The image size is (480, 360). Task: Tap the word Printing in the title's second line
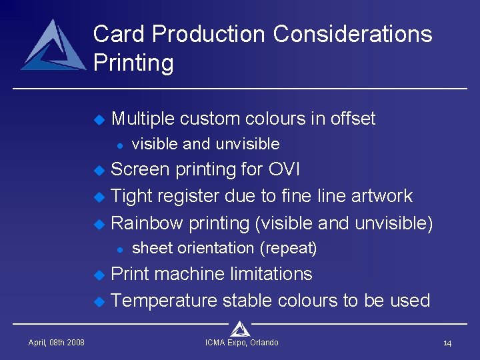pos(133,63)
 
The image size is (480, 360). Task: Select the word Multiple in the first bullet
pos(143,119)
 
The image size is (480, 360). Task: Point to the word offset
pos(350,119)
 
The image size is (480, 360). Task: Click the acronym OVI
pos(283,169)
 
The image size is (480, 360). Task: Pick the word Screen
pos(140,169)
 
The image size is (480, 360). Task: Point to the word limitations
pos(271,274)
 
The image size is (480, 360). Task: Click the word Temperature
pos(164,301)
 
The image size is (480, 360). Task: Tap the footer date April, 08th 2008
pos(56,343)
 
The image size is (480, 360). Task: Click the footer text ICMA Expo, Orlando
pos(242,343)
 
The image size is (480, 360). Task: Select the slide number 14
pos(447,343)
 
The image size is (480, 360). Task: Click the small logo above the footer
pos(240,328)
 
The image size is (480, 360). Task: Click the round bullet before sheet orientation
pos(118,249)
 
